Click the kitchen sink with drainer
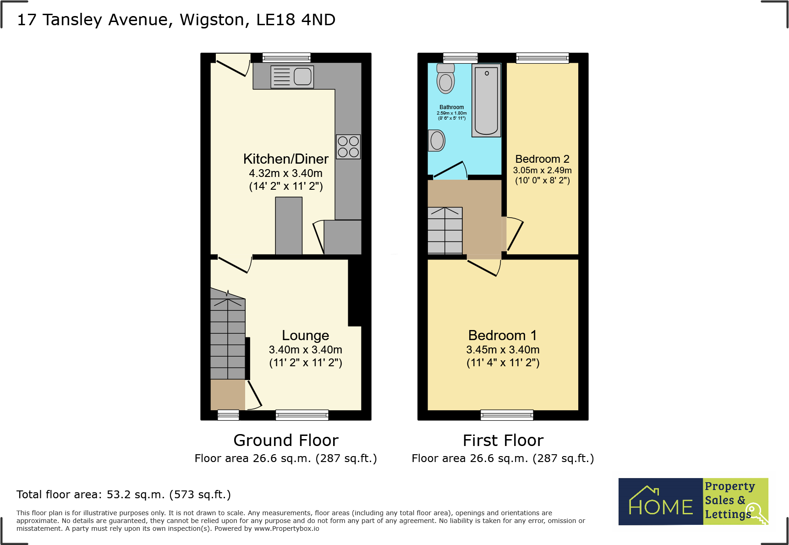[x=292, y=77]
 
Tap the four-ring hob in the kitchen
[x=348, y=147]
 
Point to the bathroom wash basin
[x=437, y=140]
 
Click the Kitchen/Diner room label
[x=286, y=159]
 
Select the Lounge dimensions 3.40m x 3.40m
[x=306, y=350]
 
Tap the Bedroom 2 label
[x=542, y=159]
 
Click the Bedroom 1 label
[x=502, y=335]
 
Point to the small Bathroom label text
[x=451, y=107]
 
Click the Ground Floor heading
[x=286, y=440]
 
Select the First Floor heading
[x=503, y=440]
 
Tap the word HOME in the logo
[x=660, y=506]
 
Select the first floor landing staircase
[x=445, y=231]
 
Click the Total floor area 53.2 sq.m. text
[x=124, y=495]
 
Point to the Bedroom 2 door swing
[x=515, y=235]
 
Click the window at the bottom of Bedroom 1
[x=507, y=415]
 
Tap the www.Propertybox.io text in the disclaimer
[x=286, y=528]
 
